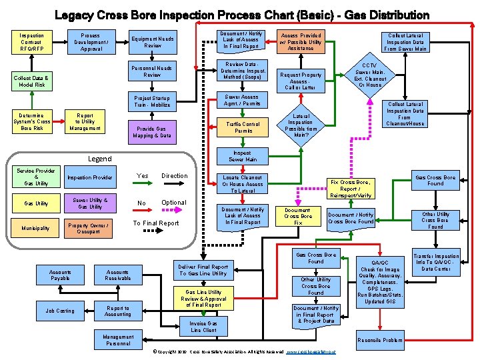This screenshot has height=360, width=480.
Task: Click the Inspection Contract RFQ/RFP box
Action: tap(31, 42)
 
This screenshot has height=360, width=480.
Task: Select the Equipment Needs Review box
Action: tap(153, 42)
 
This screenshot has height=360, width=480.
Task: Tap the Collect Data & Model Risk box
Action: tap(32, 81)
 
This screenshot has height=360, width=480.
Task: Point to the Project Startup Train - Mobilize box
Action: tap(153, 101)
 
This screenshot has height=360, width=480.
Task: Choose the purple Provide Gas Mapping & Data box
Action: tap(153, 132)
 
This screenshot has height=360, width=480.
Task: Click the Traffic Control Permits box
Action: tap(243, 127)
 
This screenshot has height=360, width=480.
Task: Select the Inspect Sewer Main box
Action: tap(243, 156)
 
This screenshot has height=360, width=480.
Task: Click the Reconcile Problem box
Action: tap(381, 340)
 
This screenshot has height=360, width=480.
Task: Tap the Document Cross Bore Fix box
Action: tap(298, 216)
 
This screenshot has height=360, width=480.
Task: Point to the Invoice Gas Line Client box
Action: tap(203, 327)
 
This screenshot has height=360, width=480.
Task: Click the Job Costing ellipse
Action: tap(60, 311)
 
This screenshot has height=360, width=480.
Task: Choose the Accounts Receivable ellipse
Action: tap(118, 275)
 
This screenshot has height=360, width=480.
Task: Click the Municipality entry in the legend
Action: tap(37, 228)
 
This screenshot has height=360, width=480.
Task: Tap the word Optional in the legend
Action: tap(174, 203)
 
